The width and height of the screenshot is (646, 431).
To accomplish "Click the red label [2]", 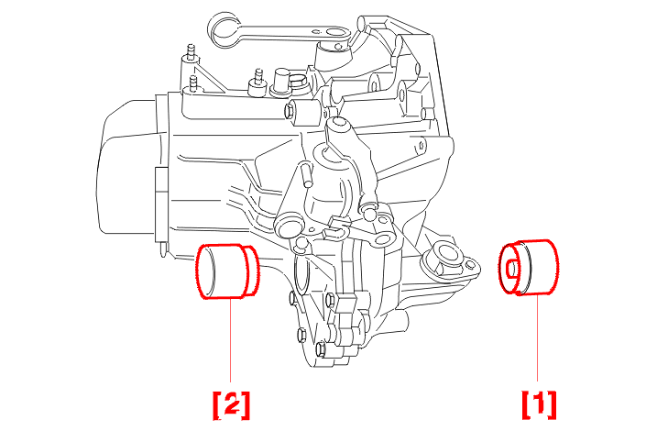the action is pyautogui.click(x=231, y=405).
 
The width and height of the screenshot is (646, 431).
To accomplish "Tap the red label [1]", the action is pyautogui.click(x=539, y=404).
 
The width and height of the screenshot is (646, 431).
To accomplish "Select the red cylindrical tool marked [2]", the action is pyautogui.click(x=227, y=271).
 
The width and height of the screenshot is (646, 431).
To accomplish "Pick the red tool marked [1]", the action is pyautogui.click(x=529, y=268).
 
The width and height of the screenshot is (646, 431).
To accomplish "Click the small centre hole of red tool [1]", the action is pyautogui.click(x=511, y=269).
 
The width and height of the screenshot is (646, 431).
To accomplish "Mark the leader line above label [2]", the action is pyautogui.click(x=230, y=340).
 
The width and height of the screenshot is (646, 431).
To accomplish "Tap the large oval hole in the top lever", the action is pyautogui.click(x=332, y=33).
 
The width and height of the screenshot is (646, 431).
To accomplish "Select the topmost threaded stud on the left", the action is pyautogui.click(x=191, y=53).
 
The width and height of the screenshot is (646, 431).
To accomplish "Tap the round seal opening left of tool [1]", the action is pyautogui.click(x=446, y=253).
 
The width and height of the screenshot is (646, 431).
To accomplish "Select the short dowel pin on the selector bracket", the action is pyautogui.click(x=305, y=174).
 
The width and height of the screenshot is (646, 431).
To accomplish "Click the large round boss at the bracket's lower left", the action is pyautogui.click(x=290, y=226).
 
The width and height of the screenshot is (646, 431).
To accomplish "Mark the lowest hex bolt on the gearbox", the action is pyautogui.click(x=322, y=350).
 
